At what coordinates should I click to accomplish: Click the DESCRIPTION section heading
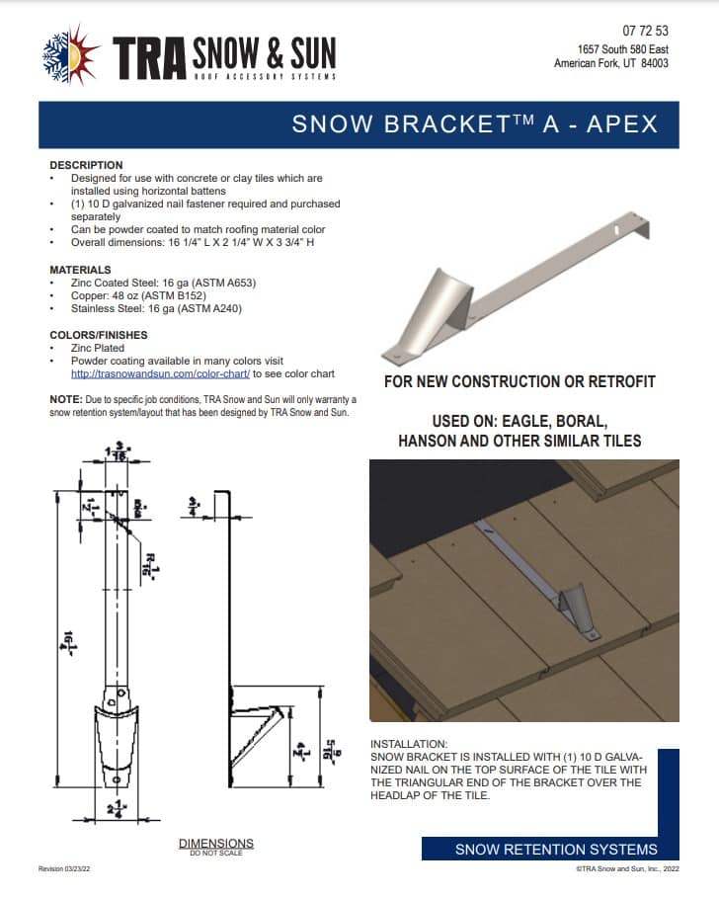click(x=86, y=165)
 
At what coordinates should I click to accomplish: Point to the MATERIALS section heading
click(x=81, y=270)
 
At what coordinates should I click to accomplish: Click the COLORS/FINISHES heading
click(x=98, y=335)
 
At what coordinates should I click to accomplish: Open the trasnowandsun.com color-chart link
click(x=161, y=374)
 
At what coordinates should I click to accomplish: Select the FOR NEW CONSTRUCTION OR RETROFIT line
click(x=519, y=381)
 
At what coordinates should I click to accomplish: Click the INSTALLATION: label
click(x=408, y=744)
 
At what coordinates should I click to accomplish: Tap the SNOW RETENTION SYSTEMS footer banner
click(x=555, y=850)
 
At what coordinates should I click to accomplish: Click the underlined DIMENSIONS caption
click(x=215, y=843)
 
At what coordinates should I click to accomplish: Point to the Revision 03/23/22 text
click(x=69, y=867)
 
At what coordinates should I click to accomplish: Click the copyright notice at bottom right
click(x=627, y=868)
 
